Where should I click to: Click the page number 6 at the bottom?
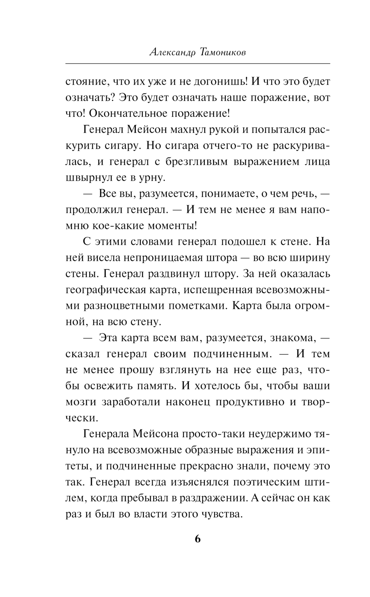[x=198, y=539]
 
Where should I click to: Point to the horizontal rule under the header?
[x=198, y=64]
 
